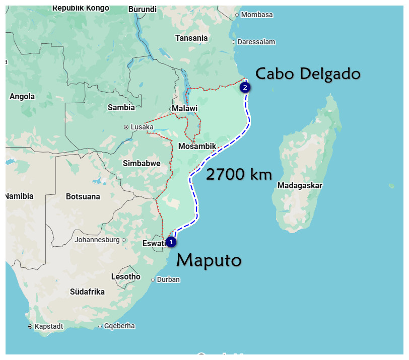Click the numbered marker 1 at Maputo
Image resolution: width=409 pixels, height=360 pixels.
[x=171, y=242]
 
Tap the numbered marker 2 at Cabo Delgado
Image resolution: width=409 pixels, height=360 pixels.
[x=245, y=87]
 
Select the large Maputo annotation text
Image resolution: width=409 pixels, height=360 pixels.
[x=209, y=260]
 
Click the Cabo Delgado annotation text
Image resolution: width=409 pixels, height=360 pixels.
[x=308, y=74]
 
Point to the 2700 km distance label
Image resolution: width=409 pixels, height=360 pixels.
[x=239, y=175]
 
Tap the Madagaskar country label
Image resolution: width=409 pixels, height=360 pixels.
[x=300, y=185]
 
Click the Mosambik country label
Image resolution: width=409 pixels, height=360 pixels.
[x=197, y=147]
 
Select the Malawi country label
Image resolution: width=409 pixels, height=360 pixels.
[x=184, y=108]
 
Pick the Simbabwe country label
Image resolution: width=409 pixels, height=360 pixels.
[x=142, y=163]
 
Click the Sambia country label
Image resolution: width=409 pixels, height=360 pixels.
[x=121, y=107]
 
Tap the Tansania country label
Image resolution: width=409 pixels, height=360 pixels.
[x=191, y=38]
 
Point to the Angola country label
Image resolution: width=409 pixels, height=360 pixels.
[x=22, y=96]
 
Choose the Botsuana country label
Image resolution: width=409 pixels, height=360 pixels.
[x=83, y=196]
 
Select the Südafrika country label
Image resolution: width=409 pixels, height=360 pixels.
[x=87, y=292]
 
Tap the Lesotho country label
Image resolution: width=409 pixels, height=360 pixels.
[x=126, y=276]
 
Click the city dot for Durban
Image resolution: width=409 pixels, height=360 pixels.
[x=153, y=280]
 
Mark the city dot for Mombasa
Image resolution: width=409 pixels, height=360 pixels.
[x=237, y=15]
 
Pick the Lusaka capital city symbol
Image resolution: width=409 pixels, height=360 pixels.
[x=126, y=127]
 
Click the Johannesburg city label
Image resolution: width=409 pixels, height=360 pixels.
[x=97, y=240]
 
